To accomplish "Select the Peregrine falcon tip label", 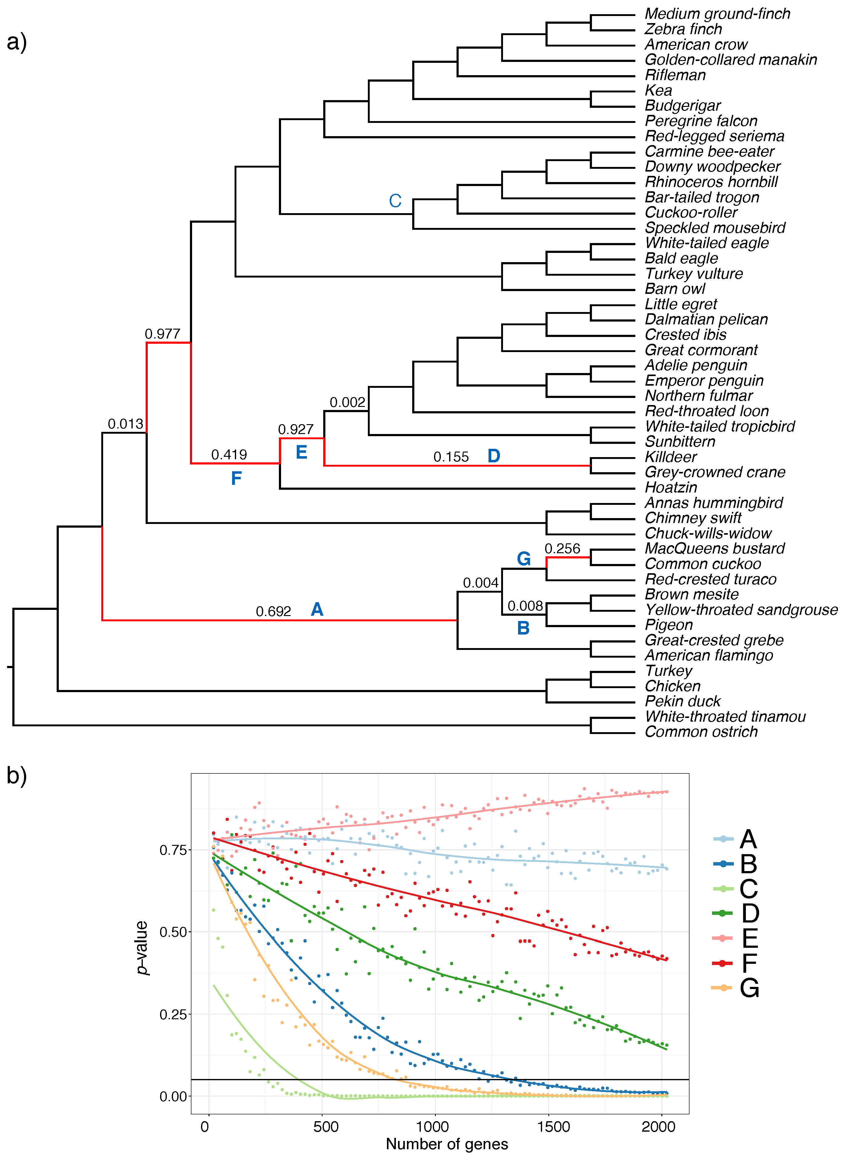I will pos(701,121).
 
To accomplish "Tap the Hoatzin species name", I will pos(670,488).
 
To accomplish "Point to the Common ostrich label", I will pos(701,732).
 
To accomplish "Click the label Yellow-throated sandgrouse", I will pos(741,610).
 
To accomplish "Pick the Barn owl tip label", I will pos(675,289).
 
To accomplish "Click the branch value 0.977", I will pos(162,334).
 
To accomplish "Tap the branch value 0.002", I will pos(347,403).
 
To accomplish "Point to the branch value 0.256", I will pos(562,549).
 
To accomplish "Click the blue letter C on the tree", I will pos(395,201).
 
